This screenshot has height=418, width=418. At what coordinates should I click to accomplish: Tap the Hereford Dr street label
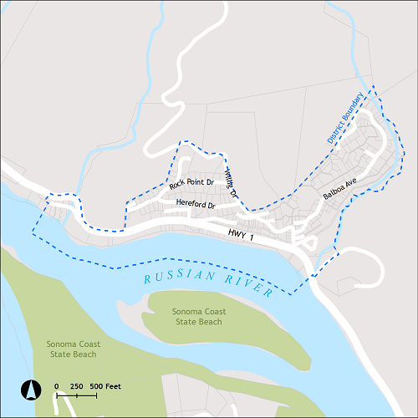[196, 205]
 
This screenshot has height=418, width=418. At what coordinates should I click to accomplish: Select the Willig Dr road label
[232, 182]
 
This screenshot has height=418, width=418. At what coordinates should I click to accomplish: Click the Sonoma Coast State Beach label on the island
[198, 317]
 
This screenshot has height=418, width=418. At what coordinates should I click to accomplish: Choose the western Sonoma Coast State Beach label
[72, 349]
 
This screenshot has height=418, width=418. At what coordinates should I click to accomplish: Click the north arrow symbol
[31, 390]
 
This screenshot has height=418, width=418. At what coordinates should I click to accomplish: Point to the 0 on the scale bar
[57, 386]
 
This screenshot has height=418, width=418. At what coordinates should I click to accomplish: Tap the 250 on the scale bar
[76, 386]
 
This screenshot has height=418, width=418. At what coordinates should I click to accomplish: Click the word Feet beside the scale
[113, 386]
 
